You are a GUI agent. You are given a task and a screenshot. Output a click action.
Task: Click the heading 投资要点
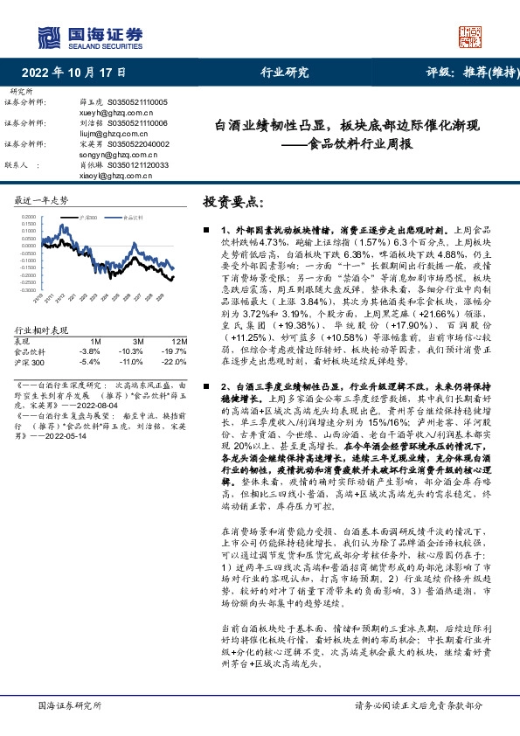point(232,202)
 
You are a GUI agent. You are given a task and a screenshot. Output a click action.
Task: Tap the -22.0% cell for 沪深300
point(177,359)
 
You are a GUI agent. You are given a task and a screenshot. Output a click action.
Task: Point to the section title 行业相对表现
point(41,330)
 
